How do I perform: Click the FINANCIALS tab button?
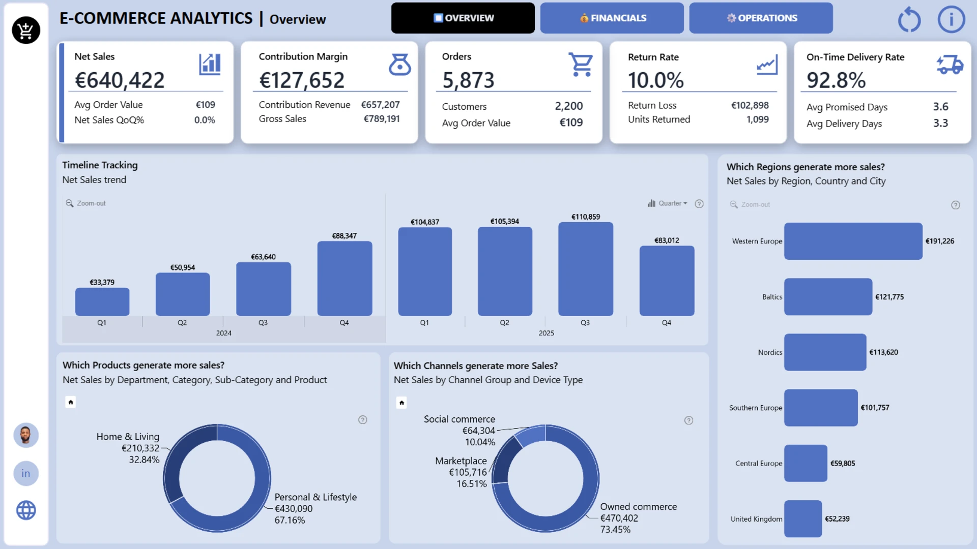tap(612, 18)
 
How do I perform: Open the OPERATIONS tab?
tap(761, 18)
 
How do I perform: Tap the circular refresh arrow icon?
tap(909, 20)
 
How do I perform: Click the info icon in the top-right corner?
tap(951, 20)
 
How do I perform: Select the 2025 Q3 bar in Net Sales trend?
tap(585, 269)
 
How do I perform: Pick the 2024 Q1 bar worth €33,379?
tap(102, 302)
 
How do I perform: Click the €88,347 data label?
tap(344, 236)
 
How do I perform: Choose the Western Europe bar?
tap(853, 241)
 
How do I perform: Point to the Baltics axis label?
tap(772, 297)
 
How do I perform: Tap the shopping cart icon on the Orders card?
tap(581, 65)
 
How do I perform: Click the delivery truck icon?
tap(950, 65)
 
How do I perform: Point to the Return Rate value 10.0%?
tap(655, 80)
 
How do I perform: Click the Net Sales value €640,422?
tap(120, 80)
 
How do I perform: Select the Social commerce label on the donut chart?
tap(459, 419)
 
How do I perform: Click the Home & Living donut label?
tap(128, 437)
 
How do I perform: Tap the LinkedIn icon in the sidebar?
tap(26, 473)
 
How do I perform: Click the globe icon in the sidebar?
tap(26, 510)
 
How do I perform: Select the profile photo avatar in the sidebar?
tap(26, 435)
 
